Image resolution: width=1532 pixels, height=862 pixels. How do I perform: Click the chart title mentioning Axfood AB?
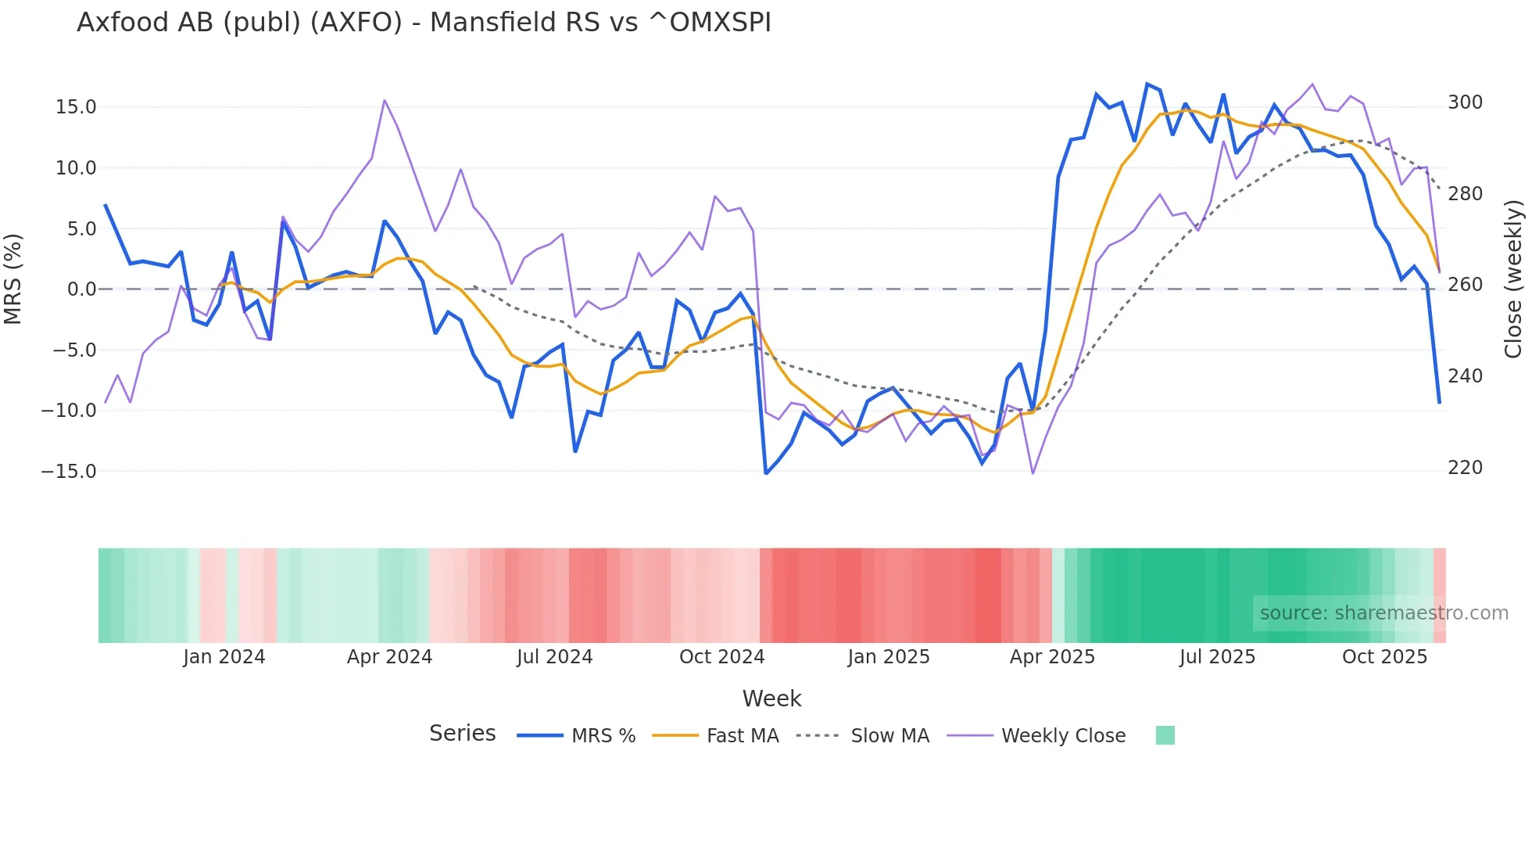point(424,23)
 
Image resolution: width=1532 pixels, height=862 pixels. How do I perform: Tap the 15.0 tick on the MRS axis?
point(76,107)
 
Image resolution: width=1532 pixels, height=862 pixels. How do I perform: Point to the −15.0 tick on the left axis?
point(69,472)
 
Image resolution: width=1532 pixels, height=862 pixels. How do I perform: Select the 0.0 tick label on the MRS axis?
point(81,289)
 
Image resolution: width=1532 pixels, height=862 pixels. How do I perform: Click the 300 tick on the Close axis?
point(1465,102)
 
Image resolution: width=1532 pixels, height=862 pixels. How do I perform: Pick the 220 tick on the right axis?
point(1465,468)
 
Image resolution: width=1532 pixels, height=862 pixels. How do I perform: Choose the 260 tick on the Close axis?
point(1465,285)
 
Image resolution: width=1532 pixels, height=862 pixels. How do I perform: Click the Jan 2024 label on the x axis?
point(224,657)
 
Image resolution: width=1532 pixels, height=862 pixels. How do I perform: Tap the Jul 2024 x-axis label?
point(555,657)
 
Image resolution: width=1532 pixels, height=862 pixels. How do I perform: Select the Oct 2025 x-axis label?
point(1384,657)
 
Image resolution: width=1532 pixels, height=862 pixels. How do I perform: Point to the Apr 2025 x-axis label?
point(1052,657)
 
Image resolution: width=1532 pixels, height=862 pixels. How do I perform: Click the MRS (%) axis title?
point(13,278)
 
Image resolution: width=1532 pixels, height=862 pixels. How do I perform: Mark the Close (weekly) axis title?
point(1514,278)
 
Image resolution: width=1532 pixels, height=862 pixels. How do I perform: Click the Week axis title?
point(771,699)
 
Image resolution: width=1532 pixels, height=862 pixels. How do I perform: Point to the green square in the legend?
point(1165,735)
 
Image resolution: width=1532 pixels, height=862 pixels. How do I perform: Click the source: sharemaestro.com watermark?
point(1383,613)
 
